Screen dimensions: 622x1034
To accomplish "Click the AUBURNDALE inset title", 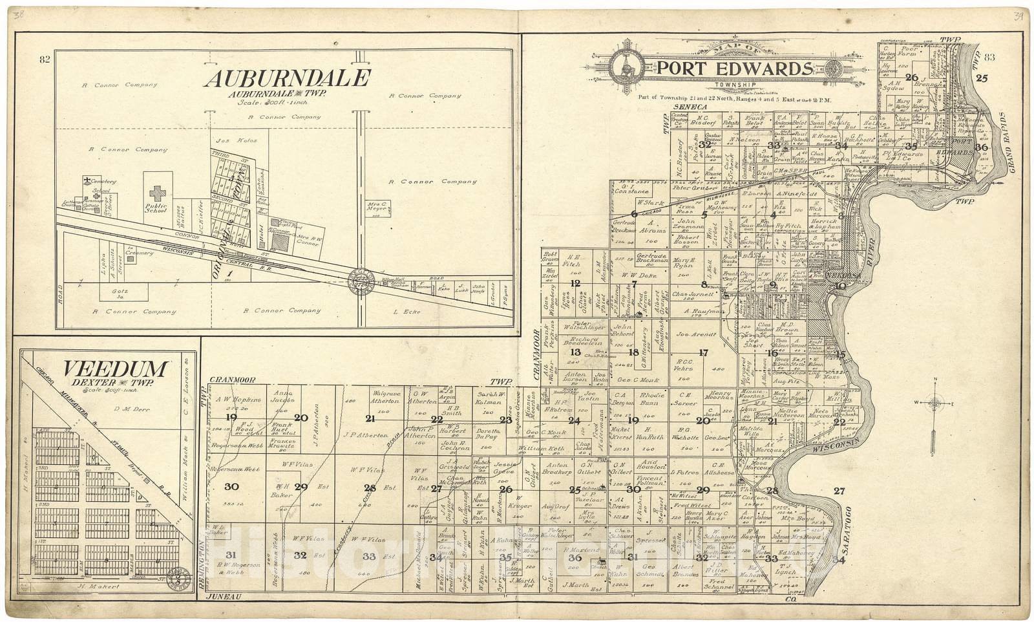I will pyautogui.click(x=287, y=78).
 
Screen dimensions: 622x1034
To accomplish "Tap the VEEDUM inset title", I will pyautogui.click(x=116, y=369).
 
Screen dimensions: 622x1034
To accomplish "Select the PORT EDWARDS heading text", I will pyautogui.click(x=735, y=69).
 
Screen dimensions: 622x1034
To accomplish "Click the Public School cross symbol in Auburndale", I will pyautogui.click(x=157, y=193).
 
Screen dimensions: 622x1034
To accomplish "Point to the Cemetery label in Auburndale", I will pyautogui.click(x=104, y=182).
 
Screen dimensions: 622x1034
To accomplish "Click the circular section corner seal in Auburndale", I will pyautogui.click(x=361, y=281).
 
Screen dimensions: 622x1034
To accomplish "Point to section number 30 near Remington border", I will pyautogui.click(x=231, y=486).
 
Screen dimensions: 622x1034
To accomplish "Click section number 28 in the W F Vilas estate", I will pyautogui.click(x=370, y=488).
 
